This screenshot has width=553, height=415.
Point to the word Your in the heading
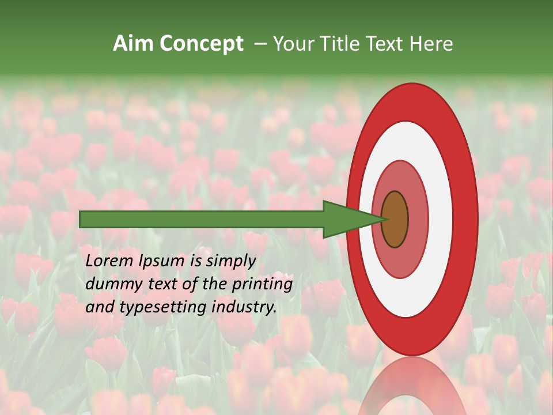(x=291, y=43)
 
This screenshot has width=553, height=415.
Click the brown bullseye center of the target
(x=395, y=219)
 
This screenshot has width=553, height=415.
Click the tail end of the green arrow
(x=81, y=219)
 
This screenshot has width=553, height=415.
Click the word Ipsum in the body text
(x=162, y=261)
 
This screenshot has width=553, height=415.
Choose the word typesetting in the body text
(x=163, y=308)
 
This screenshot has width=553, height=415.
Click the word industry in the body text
(x=244, y=308)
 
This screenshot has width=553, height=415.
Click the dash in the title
(x=260, y=43)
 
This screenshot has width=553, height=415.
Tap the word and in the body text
(x=99, y=307)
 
